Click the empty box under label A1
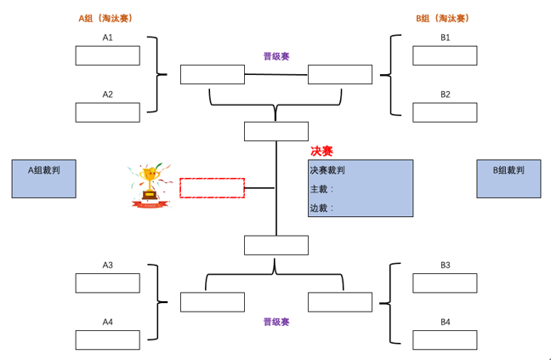pos(107,55)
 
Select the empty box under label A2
pos(107,112)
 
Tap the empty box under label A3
pos(107,283)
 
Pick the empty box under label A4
pos(107,340)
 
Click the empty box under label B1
pos(445,55)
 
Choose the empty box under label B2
pos(445,112)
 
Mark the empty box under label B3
pos(445,283)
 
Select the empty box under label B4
pos(445,340)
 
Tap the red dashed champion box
pos(212,188)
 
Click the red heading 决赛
pos(321,151)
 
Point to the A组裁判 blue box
pos(43,179)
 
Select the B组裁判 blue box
pos(508,179)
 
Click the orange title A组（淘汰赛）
pos(107,18)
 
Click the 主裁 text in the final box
pos(321,189)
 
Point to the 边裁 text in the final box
pos(321,208)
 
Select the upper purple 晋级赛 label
pos(276,56)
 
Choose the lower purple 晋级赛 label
pos(276,322)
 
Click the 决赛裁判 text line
pos(327,170)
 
